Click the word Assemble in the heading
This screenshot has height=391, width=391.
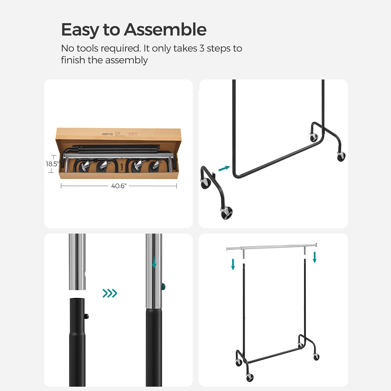(x=165, y=30)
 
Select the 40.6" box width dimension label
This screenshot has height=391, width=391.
(x=119, y=186)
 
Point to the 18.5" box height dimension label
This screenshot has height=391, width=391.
(x=52, y=164)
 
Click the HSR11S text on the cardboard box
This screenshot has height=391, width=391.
(x=107, y=134)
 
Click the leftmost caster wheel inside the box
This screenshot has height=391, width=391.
(x=83, y=167)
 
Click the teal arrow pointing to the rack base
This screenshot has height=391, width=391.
(x=224, y=168)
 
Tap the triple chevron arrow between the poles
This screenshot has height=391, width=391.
(x=110, y=293)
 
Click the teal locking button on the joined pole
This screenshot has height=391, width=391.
(x=163, y=287)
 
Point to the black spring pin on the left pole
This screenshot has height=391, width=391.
(x=87, y=316)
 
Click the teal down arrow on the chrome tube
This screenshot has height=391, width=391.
(x=154, y=262)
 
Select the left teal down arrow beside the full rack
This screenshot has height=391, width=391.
(x=233, y=264)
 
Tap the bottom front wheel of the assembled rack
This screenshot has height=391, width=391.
(x=250, y=377)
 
